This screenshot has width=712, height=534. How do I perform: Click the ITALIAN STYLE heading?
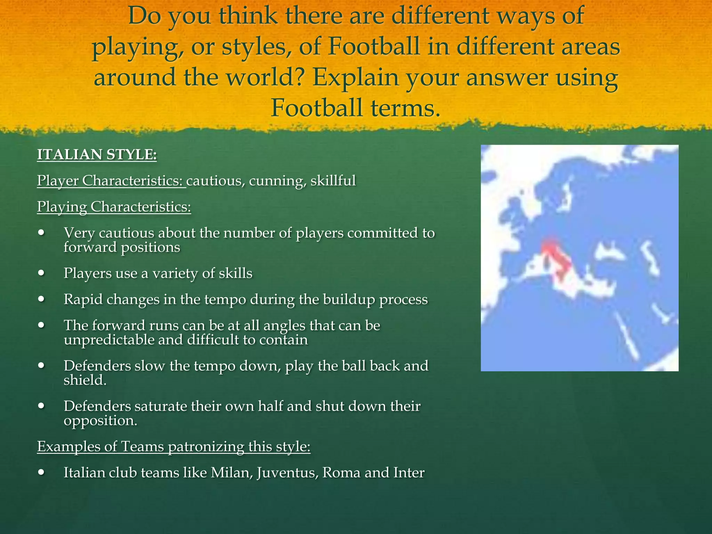[x=97, y=154]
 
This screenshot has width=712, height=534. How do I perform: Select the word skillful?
[x=333, y=181]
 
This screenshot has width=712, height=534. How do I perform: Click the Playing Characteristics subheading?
[x=114, y=207]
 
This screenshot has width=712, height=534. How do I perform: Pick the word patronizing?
[x=206, y=447]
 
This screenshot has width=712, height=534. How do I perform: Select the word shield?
[x=84, y=380]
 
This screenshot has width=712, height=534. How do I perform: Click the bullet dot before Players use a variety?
[x=42, y=273]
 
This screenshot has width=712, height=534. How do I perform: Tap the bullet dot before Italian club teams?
[x=42, y=472]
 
